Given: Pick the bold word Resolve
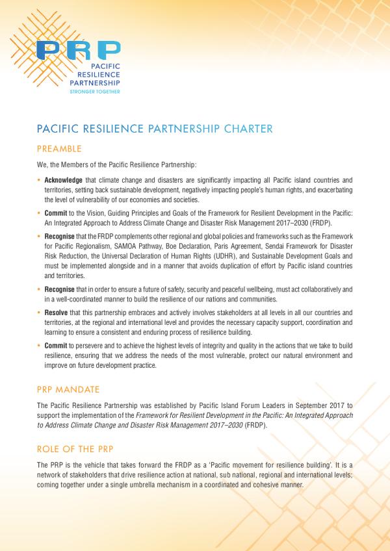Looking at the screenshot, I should (x=57, y=313).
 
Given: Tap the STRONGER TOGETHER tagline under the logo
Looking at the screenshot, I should (x=95, y=92).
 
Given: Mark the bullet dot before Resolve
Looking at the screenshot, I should (x=39, y=313).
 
